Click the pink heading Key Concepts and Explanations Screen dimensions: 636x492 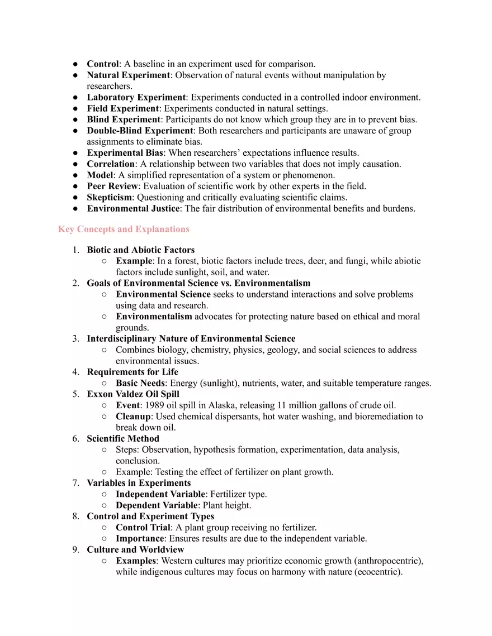pos(124,229)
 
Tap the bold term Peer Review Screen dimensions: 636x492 pos(112,186)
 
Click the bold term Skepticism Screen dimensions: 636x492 pos(110,197)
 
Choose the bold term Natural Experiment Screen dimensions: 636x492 pos(128,75)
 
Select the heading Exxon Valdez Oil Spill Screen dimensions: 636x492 pos(133,394)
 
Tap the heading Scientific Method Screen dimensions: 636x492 pos(123,438)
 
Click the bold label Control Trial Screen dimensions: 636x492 pos(143,527)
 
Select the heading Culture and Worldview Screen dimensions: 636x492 pos(135,549)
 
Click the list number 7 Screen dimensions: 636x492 pos(75,483)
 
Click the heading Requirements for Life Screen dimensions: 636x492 pos(133,372)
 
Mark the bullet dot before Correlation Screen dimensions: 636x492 pos(75,164)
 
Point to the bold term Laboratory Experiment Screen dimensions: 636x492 pos(136,97)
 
